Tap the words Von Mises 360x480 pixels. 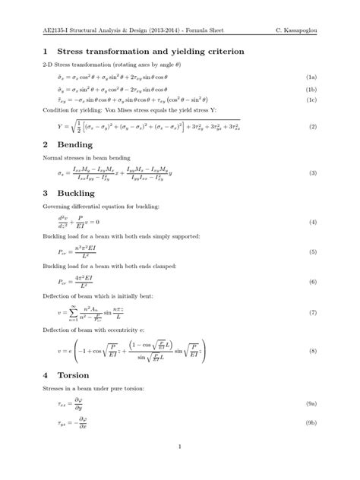(123, 110)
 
